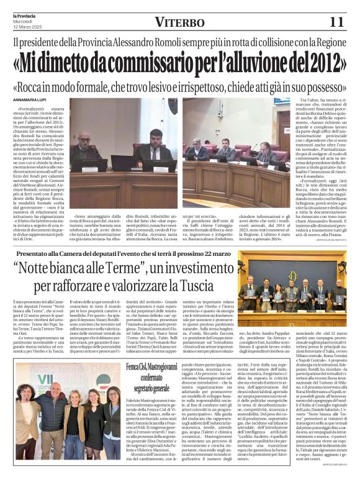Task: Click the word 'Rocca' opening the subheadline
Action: click(50, 85)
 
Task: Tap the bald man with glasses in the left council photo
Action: click(83, 144)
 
